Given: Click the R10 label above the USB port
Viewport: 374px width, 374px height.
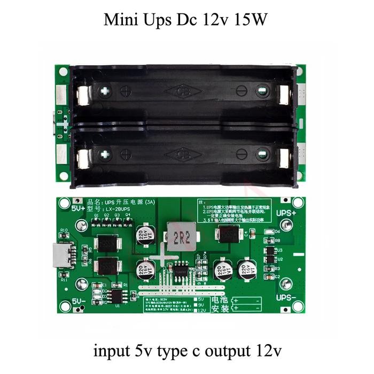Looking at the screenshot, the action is pyautogui.click(x=64, y=231).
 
